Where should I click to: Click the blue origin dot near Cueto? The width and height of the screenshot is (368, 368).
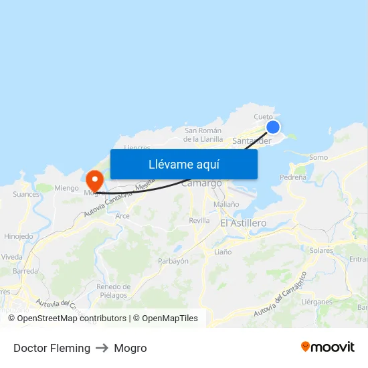pos(273,126)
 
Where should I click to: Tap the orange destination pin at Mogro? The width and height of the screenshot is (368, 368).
pos(94,179)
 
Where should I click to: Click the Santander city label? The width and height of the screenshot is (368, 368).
pos(251,141)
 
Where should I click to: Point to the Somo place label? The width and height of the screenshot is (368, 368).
pos(319,157)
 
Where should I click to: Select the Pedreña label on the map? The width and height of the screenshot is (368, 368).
pos(293,177)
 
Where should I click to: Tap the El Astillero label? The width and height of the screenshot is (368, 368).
pos(243,223)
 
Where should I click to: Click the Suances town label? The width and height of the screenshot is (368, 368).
pos(26,195)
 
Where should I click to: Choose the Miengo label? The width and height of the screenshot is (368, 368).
pos(66,188)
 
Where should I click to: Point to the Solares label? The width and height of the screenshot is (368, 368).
pos(321,250)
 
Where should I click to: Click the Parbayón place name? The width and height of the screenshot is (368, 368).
pos(173,261)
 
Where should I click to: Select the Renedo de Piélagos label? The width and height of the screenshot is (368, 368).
pos(113,290)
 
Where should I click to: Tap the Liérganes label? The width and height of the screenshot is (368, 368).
pos(316,302)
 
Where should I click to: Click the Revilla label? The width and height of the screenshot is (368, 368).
pos(199,220)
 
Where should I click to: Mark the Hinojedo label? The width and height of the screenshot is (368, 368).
pos(18,236)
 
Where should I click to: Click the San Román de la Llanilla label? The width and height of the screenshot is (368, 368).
pos(203,134)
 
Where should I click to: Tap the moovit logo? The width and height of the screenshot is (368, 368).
pos(327,347)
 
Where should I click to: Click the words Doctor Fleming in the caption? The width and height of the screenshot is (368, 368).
pos(52,348)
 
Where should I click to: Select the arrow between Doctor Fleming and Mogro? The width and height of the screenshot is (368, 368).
pos(102,348)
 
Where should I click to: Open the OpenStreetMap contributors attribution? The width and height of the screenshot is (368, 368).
pos(71,318)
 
